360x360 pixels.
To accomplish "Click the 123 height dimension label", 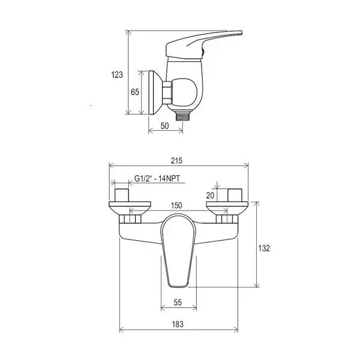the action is click(117, 75).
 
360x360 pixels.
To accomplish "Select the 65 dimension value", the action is click(135, 92).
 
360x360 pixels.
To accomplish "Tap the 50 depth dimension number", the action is click(164, 126).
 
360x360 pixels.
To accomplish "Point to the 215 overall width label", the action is click(176, 160).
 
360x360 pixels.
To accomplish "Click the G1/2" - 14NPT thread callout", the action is click(157, 178).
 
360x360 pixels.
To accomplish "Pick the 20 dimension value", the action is click(210, 196).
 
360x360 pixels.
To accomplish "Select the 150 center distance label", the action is click(176, 205).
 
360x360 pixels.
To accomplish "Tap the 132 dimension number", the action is click(264, 248).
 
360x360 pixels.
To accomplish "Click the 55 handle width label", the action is click(178, 302).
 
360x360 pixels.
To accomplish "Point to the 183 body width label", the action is click(178, 325).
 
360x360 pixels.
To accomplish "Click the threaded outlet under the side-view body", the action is click(182, 116).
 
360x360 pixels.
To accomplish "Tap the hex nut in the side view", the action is click(167, 92).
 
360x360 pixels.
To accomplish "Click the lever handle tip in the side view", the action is click(240, 32).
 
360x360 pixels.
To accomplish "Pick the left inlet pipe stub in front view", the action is click(122, 195).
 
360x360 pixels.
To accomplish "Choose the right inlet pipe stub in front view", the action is click(235, 195).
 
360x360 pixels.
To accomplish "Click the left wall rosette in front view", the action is click(130, 208).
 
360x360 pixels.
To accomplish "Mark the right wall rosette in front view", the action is click(227, 208).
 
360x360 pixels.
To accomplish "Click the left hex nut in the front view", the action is click(130, 219).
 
